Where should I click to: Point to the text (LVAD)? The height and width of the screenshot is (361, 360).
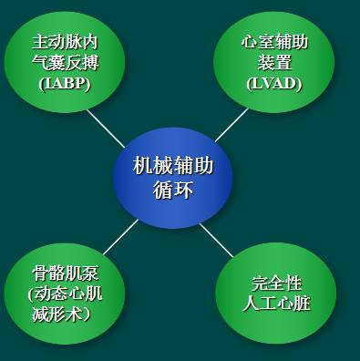pos(273,83)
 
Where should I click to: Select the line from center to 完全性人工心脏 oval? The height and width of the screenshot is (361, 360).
pos(216,240)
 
